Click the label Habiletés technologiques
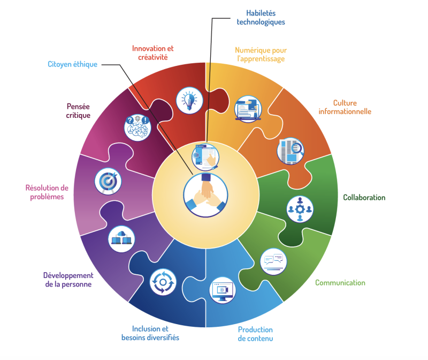[x=261, y=18]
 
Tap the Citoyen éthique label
[x=72, y=64]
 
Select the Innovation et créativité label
[x=153, y=52]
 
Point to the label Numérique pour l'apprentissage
[x=261, y=55]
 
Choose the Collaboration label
[x=364, y=198]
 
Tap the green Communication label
[x=340, y=282]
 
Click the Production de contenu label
[x=255, y=333]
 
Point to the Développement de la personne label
[x=67, y=280]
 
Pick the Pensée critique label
[x=79, y=110]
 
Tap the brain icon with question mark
[x=137, y=127]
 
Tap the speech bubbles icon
[x=273, y=261]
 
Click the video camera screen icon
[x=223, y=290]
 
